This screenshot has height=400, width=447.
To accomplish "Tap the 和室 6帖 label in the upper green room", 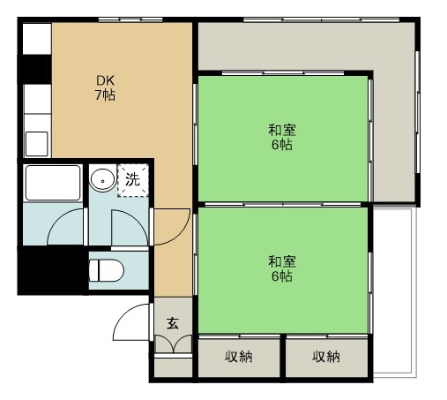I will tap(281, 137).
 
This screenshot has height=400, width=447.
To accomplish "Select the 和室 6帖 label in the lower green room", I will tap(281, 268).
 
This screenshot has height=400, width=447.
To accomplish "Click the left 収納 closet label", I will tap(238, 357).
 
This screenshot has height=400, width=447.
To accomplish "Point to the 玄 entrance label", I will tap(173, 323).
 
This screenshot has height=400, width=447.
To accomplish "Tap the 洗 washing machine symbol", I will tap(132, 180).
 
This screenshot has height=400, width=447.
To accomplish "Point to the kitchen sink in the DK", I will tap(36, 141).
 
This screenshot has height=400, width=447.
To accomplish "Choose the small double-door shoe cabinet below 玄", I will tap(173, 345).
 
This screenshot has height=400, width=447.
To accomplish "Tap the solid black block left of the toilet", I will tap(52, 268).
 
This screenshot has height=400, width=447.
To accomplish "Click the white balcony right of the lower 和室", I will tap(391, 291).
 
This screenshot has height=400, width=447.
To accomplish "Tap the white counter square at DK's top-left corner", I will tap(36, 40).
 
